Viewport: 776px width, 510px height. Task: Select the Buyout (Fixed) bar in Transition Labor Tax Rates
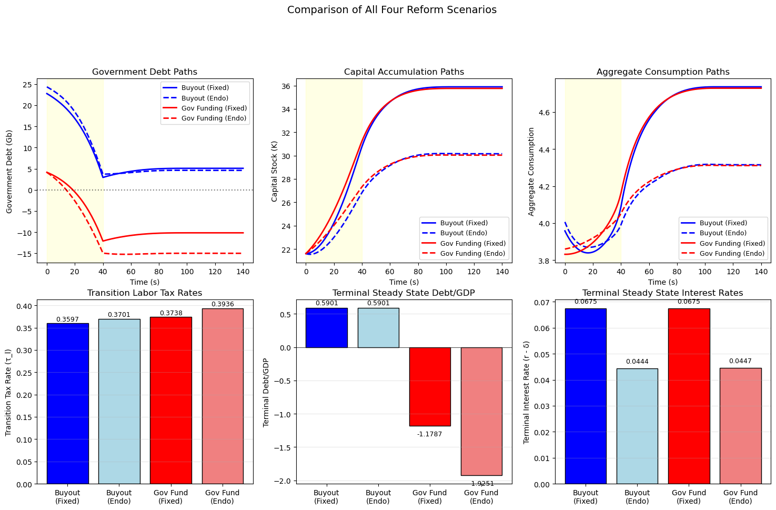(67, 403)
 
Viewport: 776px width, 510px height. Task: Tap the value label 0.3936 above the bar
(222, 304)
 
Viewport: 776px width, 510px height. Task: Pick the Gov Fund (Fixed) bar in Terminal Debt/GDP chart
(430, 386)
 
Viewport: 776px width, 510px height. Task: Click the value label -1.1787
(430, 434)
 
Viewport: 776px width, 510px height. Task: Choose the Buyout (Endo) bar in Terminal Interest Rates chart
(637, 426)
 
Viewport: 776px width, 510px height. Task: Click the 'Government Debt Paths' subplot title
(145, 72)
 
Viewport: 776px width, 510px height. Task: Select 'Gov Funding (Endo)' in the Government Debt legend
(214, 118)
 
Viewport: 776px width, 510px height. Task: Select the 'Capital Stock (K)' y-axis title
(274, 172)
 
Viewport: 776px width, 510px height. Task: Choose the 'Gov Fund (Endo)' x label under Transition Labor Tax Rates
(222, 497)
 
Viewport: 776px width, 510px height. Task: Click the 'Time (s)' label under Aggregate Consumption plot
(663, 283)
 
